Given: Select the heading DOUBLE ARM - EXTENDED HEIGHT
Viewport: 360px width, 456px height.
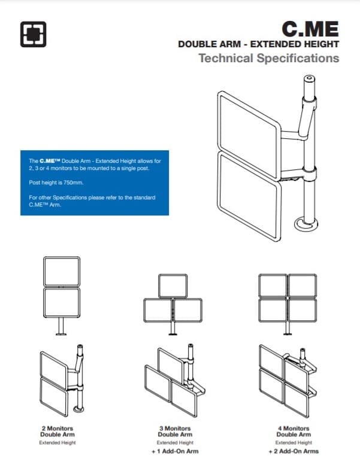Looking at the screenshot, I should pyautogui.click(x=259, y=45).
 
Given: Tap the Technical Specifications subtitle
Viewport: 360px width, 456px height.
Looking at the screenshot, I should pyautogui.click(x=268, y=59).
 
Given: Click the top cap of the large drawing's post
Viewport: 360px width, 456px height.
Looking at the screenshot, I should pyautogui.click(x=310, y=78).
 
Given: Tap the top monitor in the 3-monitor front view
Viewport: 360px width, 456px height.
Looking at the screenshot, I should pyautogui.click(x=174, y=285).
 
